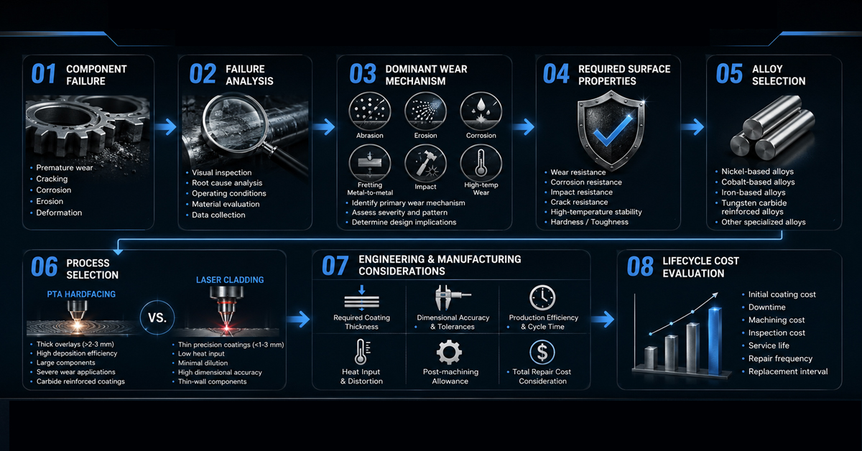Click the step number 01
click(x=44, y=74)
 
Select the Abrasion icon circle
click(x=369, y=111)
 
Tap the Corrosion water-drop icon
click(x=481, y=111)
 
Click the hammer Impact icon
click(x=425, y=164)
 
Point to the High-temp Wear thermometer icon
click(x=481, y=164)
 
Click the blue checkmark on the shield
click(x=613, y=131)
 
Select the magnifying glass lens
click(x=235, y=123)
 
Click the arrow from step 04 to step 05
click(x=692, y=126)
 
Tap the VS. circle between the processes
click(x=157, y=317)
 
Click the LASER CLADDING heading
click(x=230, y=280)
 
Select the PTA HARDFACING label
click(x=81, y=294)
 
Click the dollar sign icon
click(x=542, y=352)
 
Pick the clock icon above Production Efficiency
click(x=542, y=297)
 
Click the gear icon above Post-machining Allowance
click(x=449, y=352)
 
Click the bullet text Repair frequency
click(x=780, y=358)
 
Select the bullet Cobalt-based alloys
click(x=758, y=182)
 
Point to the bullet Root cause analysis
click(x=227, y=183)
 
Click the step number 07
click(x=335, y=266)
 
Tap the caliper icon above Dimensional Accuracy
click(x=451, y=297)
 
